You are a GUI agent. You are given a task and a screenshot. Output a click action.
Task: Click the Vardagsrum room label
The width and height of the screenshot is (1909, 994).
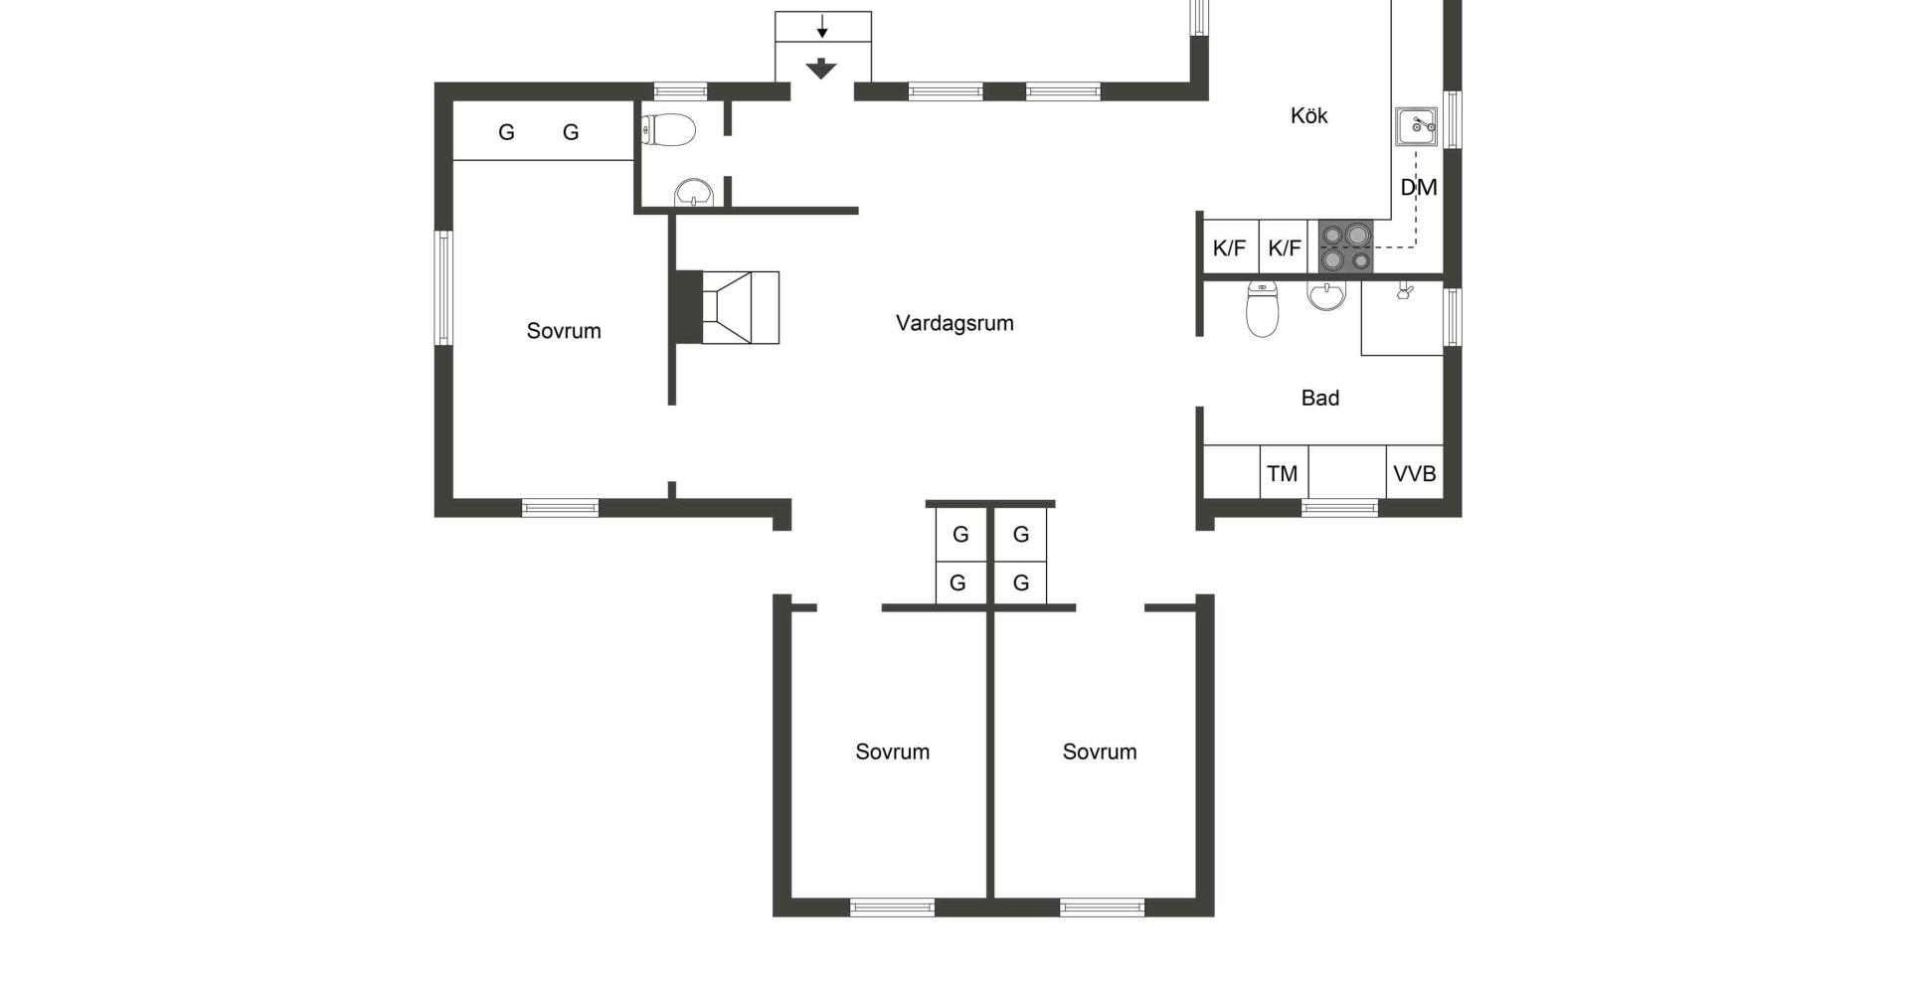tap(954, 323)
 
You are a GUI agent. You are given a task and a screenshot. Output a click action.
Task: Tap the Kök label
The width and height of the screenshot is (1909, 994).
tap(1308, 115)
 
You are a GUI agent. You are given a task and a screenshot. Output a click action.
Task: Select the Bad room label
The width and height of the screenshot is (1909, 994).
tap(1320, 398)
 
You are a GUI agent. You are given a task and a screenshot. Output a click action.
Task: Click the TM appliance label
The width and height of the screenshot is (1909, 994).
tap(1283, 474)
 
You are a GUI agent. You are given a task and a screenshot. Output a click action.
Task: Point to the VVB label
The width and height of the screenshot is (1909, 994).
tap(1415, 474)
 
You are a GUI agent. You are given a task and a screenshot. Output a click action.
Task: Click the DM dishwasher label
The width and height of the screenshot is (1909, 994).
tap(1419, 187)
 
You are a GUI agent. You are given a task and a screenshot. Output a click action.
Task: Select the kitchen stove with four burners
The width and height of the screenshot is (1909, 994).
tap(1346, 247)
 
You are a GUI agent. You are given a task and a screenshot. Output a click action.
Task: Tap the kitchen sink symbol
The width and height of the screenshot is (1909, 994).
tap(1416, 126)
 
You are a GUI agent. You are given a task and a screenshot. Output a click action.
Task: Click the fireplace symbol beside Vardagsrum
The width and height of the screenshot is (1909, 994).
tap(727, 307)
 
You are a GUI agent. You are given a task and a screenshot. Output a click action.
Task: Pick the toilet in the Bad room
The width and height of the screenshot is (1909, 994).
tap(1262, 309)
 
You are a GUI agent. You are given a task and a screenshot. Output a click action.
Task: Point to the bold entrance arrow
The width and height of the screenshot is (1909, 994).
tap(820, 69)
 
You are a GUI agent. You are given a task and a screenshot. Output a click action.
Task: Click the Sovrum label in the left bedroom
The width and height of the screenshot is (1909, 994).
tap(564, 331)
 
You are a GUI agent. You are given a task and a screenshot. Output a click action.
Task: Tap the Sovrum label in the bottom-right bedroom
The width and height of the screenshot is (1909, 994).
tap(1100, 751)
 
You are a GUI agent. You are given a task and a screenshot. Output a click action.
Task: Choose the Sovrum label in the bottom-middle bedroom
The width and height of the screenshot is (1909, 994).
tap(893, 751)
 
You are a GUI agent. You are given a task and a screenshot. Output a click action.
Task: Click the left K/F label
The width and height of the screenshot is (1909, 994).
tap(1230, 248)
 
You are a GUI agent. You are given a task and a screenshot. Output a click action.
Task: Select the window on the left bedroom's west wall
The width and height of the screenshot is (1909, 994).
tap(443, 288)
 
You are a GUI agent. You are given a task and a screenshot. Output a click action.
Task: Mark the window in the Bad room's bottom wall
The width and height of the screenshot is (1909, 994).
tap(1339, 508)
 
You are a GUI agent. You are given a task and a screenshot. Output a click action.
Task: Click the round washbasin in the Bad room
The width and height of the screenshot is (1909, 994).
tap(1326, 295)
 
